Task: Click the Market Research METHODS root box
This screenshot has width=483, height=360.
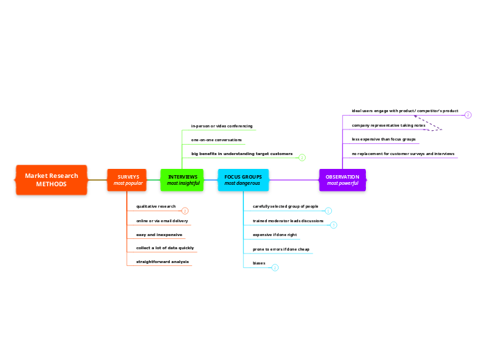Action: (51, 180)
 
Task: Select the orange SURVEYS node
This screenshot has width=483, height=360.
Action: (128, 180)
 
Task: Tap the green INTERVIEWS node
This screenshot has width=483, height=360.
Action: (182, 180)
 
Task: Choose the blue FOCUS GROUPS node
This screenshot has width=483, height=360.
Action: (243, 180)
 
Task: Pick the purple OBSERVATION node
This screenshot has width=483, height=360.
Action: (342, 180)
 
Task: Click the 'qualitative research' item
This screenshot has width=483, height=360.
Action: (156, 207)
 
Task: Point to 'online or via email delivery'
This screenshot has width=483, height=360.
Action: (162, 221)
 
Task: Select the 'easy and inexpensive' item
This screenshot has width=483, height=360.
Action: (155, 235)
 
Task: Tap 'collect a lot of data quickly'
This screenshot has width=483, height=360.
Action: (165, 248)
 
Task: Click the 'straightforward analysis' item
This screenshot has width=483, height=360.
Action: (162, 262)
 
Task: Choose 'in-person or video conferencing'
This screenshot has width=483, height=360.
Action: (222, 126)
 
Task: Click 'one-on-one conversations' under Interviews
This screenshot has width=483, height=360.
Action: (216, 140)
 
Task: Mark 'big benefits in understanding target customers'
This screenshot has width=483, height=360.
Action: (242, 154)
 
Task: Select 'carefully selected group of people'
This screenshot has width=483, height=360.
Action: (286, 206)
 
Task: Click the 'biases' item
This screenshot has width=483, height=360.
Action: (259, 263)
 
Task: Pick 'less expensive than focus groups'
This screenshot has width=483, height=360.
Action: (384, 139)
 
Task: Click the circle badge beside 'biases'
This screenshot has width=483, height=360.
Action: (275, 267)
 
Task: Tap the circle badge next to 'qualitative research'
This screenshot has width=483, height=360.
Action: (185, 210)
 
